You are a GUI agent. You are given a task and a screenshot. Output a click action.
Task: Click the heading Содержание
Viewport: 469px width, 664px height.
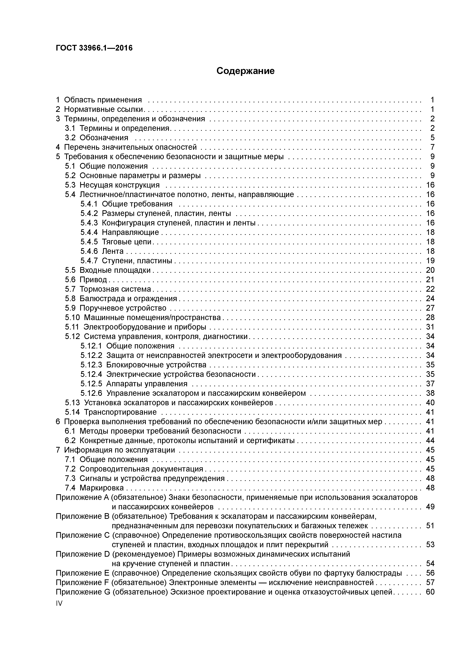[245, 71]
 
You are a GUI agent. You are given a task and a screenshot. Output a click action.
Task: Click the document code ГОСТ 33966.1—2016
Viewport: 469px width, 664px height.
[94, 48]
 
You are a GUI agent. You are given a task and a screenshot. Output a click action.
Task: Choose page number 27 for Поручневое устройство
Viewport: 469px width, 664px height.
[430, 308]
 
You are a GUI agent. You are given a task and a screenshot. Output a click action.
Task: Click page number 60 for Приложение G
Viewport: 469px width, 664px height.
[430, 592]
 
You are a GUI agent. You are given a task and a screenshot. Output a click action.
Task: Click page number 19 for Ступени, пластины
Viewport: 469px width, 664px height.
[430, 261]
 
